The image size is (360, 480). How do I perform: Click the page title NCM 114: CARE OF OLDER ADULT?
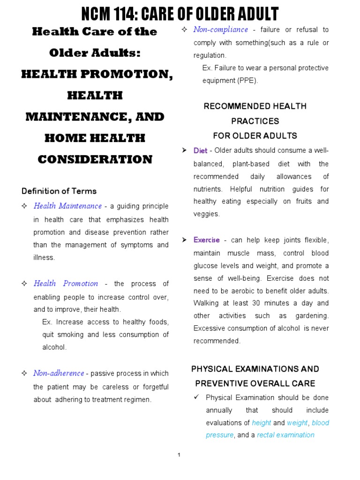pyautogui.click(x=180, y=14)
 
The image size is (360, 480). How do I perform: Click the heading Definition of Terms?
pyautogui.click(x=59, y=191)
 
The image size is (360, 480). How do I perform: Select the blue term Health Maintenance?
pyautogui.click(x=67, y=206)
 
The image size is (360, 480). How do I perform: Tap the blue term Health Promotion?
pyautogui.click(x=66, y=284)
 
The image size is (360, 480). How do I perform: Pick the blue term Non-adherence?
pyautogui.click(x=59, y=374)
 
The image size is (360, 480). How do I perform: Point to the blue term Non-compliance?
pyautogui.click(x=220, y=30)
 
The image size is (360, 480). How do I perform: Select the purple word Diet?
pyautogui.click(x=200, y=151)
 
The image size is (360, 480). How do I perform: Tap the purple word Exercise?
pyautogui.click(x=206, y=240)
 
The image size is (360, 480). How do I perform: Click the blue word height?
pyautogui.click(x=262, y=423)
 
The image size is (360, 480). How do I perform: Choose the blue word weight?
pyautogui.click(x=297, y=423)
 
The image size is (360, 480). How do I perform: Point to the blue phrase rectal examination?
pyautogui.click(x=285, y=435)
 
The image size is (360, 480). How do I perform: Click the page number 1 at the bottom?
pyautogui.click(x=179, y=455)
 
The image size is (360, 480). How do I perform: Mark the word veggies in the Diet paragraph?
pyautogui.click(x=206, y=214)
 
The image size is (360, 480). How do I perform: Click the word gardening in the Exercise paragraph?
pyautogui.click(x=312, y=316)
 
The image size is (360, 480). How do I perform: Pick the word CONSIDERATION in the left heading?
pyautogui.click(x=95, y=159)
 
